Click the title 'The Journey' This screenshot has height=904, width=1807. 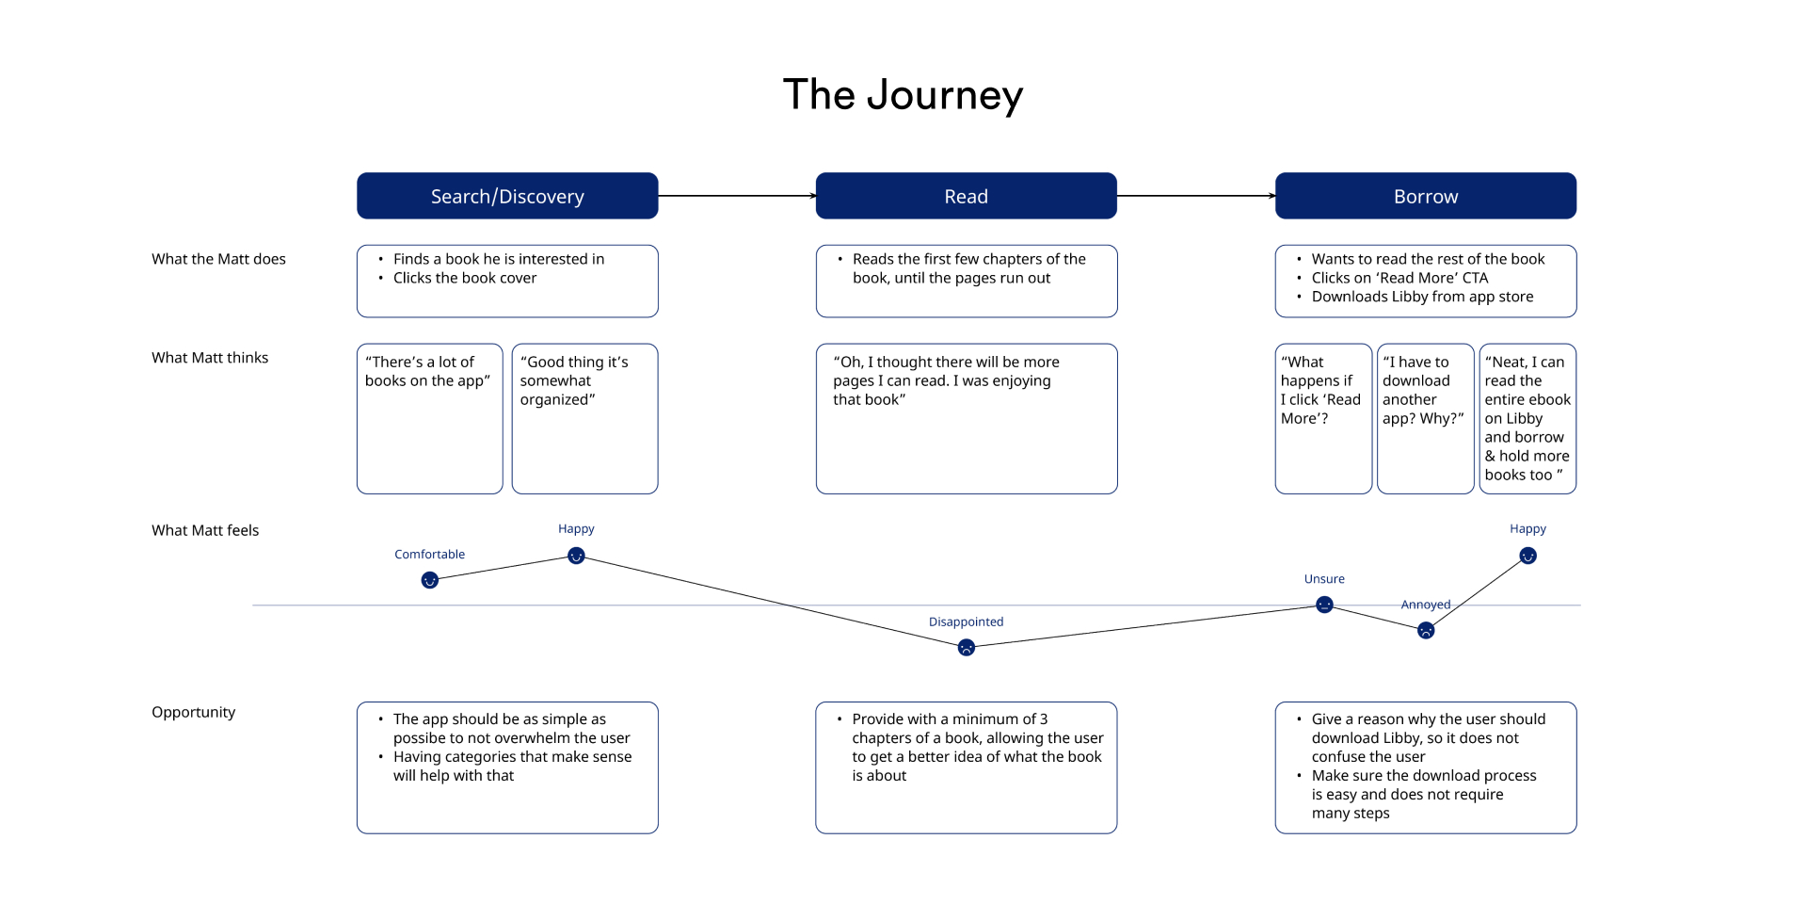click(x=903, y=95)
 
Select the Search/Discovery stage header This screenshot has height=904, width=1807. click(x=507, y=196)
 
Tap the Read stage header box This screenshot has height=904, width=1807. click(x=966, y=196)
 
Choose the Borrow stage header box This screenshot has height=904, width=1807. click(x=1425, y=196)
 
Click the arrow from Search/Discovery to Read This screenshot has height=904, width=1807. click(x=736, y=196)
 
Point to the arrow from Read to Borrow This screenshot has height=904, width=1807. click(x=1195, y=196)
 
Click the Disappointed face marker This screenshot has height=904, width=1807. click(x=966, y=648)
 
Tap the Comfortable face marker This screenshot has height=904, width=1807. click(x=429, y=580)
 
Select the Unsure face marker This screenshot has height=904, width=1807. click(x=1324, y=605)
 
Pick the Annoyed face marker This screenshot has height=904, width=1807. click(x=1426, y=631)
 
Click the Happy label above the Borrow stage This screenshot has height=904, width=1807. click(x=1527, y=529)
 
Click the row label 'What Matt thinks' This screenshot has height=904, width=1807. click(x=210, y=358)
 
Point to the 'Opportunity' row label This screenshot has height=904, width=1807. click(x=193, y=712)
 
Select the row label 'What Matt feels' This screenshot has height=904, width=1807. click(x=205, y=530)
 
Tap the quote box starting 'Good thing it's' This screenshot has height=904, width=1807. click(x=584, y=418)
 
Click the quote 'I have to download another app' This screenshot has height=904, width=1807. click(x=1425, y=418)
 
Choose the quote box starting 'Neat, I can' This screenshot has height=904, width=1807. click(x=1527, y=418)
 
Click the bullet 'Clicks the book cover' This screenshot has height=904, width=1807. click(x=465, y=278)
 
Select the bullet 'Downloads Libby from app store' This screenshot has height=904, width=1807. click(x=1422, y=297)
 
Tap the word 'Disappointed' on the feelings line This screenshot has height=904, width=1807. click(x=966, y=621)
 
